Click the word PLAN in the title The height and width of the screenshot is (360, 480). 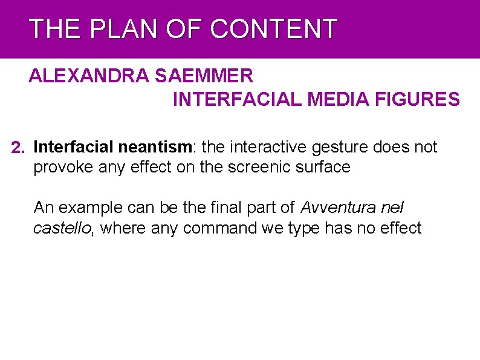click(x=114, y=29)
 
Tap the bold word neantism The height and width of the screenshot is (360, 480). click(x=157, y=147)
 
